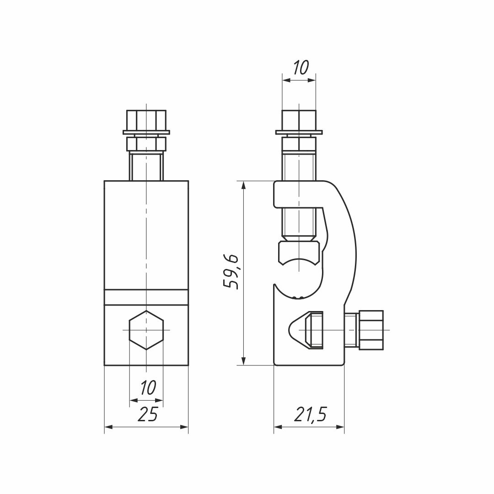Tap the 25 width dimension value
(147, 414)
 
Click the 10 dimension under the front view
(147, 387)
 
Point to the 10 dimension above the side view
(300, 68)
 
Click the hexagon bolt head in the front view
(146, 330)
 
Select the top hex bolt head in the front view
(146, 120)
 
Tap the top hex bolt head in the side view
(299, 120)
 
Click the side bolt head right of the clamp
(371, 330)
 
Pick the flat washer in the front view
(146, 133)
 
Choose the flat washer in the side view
(299, 133)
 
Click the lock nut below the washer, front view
(146, 144)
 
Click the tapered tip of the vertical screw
(299, 238)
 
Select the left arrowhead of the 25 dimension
(108, 427)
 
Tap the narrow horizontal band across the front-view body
(146, 297)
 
